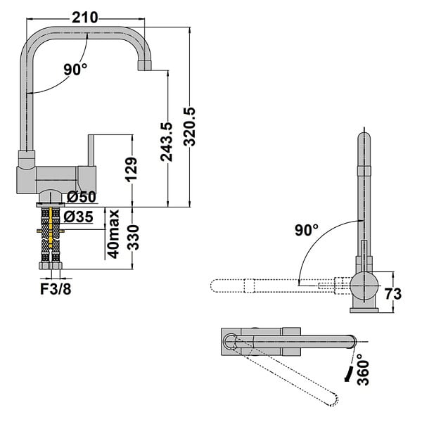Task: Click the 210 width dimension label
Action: pos(85,18)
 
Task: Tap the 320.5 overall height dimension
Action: pos(189,127)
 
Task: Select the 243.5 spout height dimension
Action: pos(166,142)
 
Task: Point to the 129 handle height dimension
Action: pos(132,170)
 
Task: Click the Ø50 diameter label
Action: pos(82,197)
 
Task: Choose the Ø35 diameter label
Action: pos(79,217)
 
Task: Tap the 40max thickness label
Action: pos(113,234)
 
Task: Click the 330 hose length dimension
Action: pos(133,238)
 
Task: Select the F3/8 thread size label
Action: pos(56,289)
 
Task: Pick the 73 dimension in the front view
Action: pos(393,293)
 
